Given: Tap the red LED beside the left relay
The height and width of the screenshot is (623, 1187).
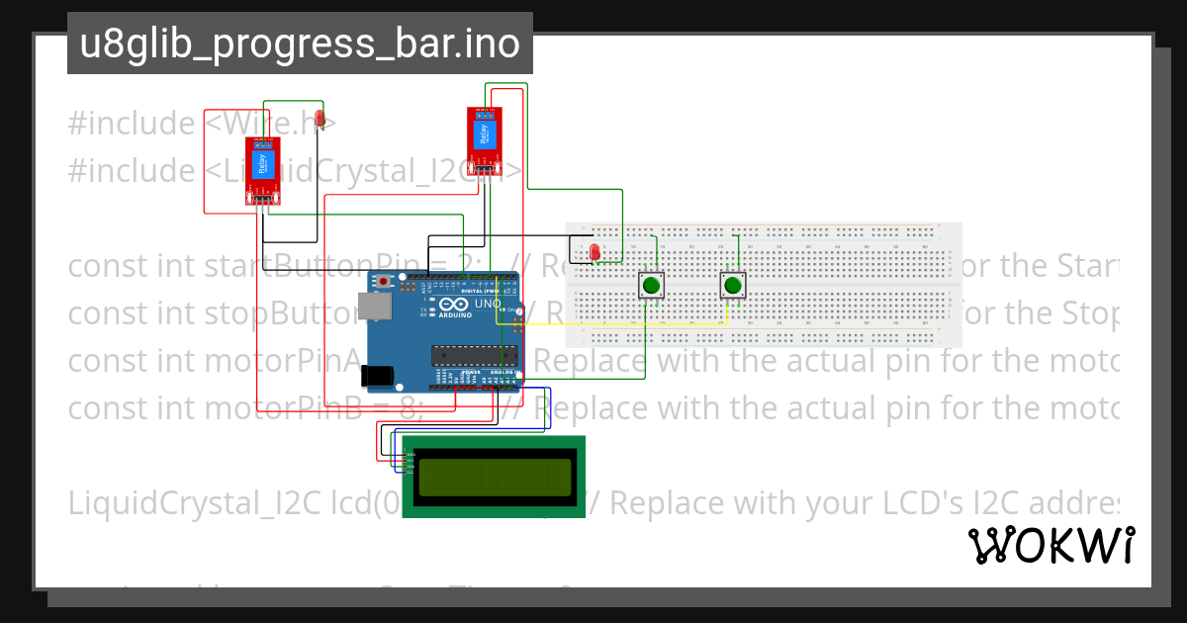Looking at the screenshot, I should pyautogui.click(x=319, y=121).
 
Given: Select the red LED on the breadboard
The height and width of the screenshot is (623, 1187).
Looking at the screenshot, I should pyautogui.click(x=594, y=253).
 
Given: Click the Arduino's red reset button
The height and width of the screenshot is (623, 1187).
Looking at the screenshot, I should pyautogui.click(x=382, y=283).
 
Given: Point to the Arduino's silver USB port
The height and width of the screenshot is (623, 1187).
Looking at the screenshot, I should pyautogui.click(x=374, y=309).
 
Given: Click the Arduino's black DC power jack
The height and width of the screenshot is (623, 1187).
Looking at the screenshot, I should pyautogui.click(x=376, y=375).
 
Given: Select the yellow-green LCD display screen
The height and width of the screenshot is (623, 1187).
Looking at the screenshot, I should pyautogui.click(x=494, y=476).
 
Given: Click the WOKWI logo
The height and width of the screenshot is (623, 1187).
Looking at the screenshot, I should pyautogui.click(x=1050, y=545).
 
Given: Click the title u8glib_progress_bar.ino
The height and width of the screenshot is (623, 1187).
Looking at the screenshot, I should pyautogui.click(x=300, y=44).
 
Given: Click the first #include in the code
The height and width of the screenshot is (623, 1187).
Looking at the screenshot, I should pyautogui.click(x=131, y=124).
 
